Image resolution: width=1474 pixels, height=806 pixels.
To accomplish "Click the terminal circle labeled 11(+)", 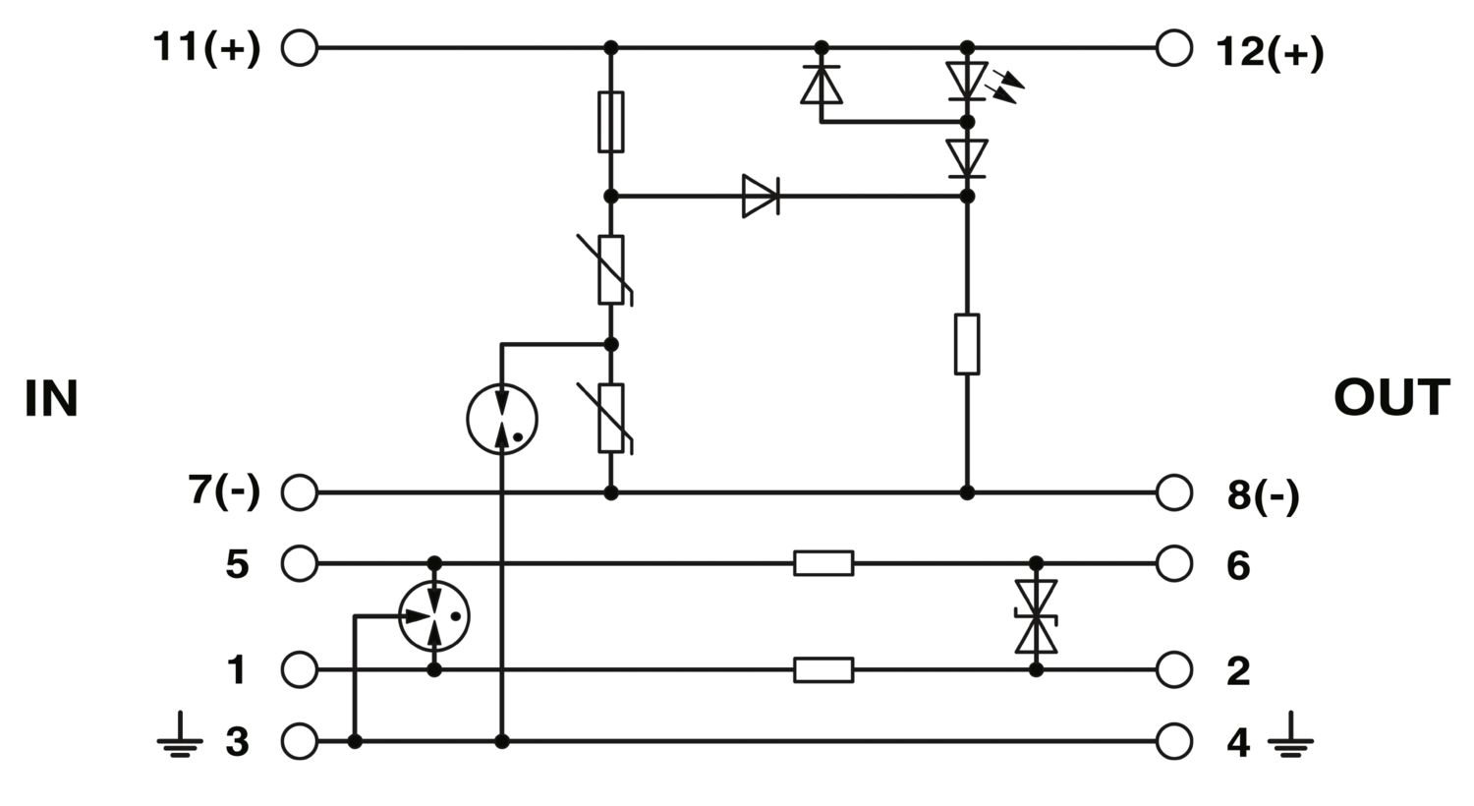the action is click(x=300, y=48).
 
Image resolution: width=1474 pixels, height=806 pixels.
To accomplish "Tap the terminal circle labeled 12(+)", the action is click(x=1174, y=48).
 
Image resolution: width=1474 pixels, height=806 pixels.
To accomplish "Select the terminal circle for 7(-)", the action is click(x=300, y=492).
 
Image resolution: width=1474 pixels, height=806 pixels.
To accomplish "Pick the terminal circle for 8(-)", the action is click(x=1174, y=492).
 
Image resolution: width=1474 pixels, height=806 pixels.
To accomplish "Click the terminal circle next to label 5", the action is click(x=300, y=563).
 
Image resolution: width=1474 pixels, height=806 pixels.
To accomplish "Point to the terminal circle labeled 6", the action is click(x=1174, y=563).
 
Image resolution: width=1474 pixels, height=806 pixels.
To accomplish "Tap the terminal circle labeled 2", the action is click(x=1174, y=669).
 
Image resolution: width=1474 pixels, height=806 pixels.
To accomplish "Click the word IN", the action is click(x=51, y=399).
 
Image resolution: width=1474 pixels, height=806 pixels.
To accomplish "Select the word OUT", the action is click(x=1391, y=397).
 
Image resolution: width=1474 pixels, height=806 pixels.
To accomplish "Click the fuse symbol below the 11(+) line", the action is click(x=610, y=122).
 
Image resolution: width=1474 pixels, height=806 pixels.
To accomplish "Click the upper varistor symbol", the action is click(x=610, y=269).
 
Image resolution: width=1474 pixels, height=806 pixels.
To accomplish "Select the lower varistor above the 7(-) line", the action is click(x=610, y=419).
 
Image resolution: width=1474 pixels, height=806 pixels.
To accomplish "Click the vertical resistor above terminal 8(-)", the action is click(x=967, y=344).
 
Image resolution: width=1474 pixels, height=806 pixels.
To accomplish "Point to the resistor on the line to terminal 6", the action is click(x=823, y=563).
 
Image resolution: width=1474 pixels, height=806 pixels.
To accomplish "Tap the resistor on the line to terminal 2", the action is click(x=823, y=669).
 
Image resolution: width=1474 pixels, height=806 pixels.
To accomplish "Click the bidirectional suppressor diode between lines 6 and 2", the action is click(x=1036, y=616).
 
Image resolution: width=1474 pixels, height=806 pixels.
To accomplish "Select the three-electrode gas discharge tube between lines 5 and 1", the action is click(x=433, y=616).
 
